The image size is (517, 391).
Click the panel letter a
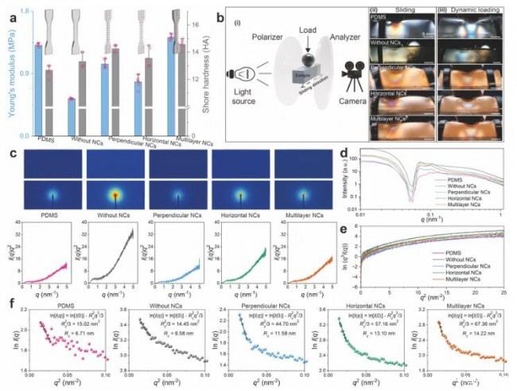8,11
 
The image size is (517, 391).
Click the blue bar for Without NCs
72,116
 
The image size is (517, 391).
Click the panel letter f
8,303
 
